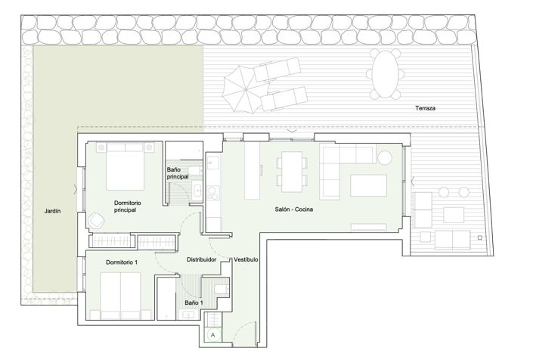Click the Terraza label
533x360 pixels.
425,108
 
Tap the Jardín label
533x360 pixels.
52,211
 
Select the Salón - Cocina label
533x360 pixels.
293,209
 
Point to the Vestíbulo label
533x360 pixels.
246,259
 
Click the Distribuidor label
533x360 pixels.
201,259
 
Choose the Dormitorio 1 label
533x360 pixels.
122,262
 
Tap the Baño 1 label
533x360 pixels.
194,303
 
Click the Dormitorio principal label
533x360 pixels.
127,206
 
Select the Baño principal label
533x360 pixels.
178,173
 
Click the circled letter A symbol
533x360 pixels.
213,335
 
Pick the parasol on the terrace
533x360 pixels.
242,88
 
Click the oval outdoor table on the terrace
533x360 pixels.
385,74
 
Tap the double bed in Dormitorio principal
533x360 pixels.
125,166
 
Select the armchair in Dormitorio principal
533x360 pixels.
97,220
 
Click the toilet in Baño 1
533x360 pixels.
222,289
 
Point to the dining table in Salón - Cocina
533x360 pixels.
292,172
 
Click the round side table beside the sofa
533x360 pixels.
385,158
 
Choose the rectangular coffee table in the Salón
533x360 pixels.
368,185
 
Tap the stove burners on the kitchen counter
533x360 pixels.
212,193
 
